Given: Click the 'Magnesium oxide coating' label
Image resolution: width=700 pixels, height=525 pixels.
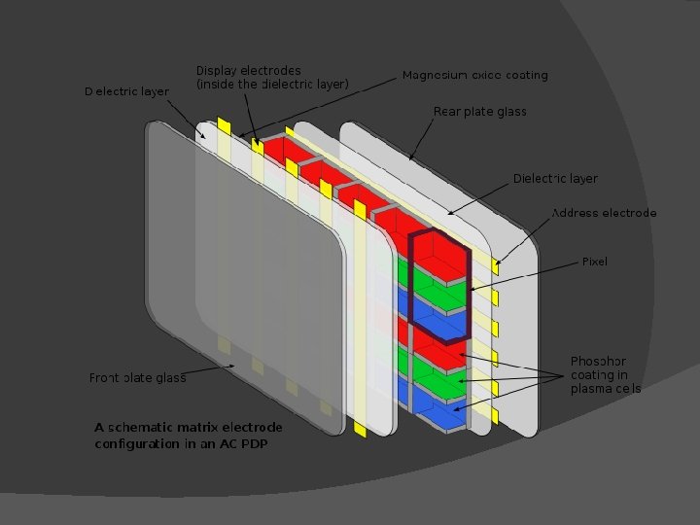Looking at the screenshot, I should (x=474, y=75).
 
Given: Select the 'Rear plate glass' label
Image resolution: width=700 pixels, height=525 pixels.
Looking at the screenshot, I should (x=479, y=112).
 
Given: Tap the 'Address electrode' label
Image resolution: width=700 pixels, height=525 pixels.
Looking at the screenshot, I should (x=604, y=213).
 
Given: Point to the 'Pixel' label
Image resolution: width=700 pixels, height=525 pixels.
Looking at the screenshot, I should (x=594, y=262).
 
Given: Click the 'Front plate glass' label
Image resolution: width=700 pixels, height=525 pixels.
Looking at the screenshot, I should (x=137, y=378).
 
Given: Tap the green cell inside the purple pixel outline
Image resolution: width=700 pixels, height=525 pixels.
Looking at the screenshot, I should (x=439, y=292).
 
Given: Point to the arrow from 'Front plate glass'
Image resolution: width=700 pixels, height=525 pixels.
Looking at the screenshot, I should (x=209, y=370).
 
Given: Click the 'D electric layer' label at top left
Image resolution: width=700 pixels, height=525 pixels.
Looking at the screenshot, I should (x=126, y=91).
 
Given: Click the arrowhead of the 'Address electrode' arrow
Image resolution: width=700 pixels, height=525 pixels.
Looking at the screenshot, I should (x=497, y=261).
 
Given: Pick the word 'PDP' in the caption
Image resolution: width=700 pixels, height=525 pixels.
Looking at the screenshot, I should (x=255, y=444).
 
